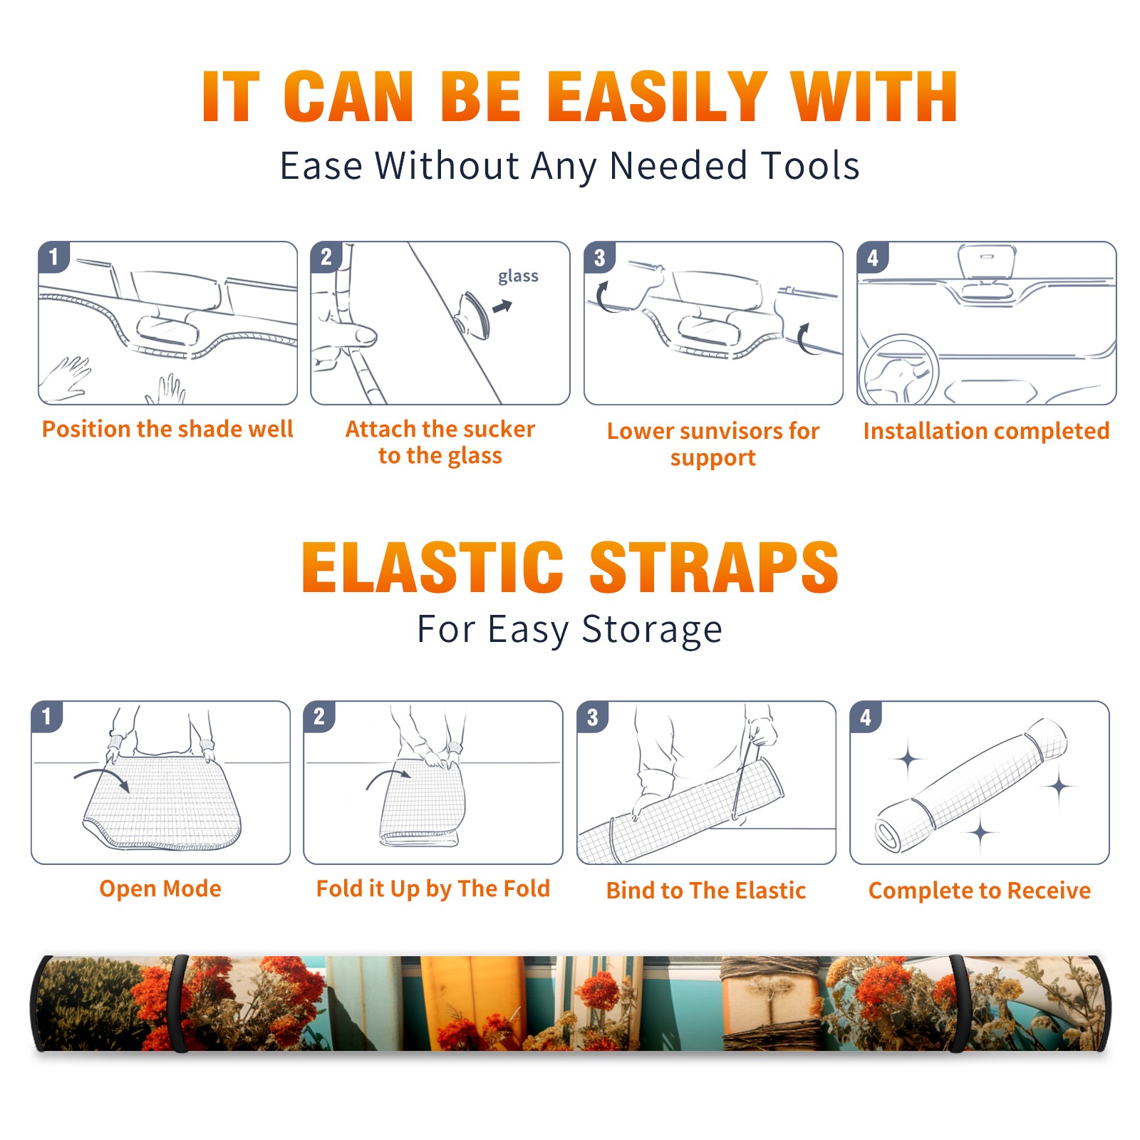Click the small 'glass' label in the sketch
coord(518,276)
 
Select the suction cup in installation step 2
coord(474,315)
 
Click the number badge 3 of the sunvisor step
coord(600,257)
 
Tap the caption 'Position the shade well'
coord(167,429)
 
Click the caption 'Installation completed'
coord(986,430)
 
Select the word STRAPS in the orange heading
coord(714,567)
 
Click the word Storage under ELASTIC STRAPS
coord(652,631)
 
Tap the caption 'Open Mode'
coord(160,888)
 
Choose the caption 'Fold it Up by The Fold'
coord(433,888)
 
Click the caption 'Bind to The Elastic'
coord(706,890)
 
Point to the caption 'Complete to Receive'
coord(980,890)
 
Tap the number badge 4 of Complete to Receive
coord(866,717)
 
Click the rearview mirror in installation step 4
coord(986,262)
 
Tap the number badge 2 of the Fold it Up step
coord(319,716)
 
